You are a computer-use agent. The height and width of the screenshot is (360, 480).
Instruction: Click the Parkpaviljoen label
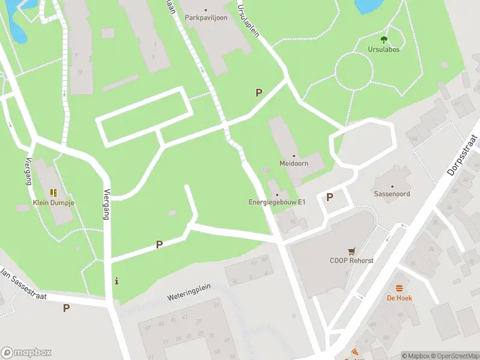tap(205, 18)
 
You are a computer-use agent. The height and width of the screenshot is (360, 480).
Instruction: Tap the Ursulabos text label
tap(384, 49)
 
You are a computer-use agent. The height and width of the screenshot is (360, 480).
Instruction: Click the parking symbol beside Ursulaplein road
tap(259, 92)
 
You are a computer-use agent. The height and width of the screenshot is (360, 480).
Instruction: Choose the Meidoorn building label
tap(293, 163)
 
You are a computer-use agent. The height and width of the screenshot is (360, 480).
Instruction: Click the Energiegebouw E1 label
tap(277, 202)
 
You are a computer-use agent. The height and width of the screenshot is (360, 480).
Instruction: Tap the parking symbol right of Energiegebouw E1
tap(329, 197)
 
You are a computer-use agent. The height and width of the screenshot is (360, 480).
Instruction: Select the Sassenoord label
tap(392, 194)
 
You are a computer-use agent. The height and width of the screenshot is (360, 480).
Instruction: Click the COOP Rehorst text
tap(351, 260)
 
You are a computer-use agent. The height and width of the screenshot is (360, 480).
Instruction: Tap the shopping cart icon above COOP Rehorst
tap(351, 251)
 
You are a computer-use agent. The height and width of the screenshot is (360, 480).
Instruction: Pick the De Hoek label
tap(399, 298)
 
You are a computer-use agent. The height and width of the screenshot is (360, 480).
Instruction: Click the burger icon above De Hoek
tap(399, 289)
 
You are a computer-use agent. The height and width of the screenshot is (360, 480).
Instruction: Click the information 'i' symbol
tap(116, 280)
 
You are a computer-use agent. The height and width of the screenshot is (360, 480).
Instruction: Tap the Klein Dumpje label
tap(53, 202)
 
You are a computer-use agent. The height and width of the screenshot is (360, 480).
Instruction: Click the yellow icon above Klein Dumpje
tap(53, 193)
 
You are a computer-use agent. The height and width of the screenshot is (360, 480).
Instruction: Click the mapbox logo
tap(26, 353)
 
